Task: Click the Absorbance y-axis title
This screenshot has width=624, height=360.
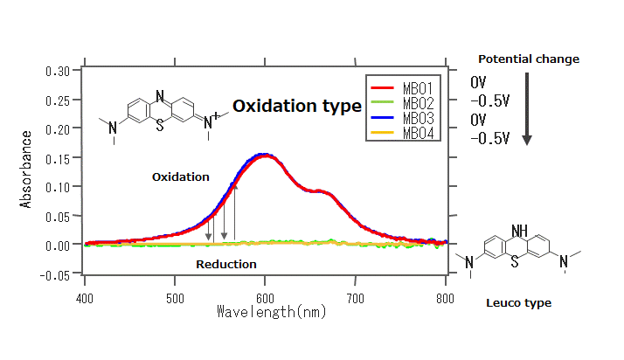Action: click(x=26, y=169)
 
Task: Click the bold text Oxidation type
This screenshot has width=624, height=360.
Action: click(x=296, y=106)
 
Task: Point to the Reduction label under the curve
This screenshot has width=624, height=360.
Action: click(x=226, y=264)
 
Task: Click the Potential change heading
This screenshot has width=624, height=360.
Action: click(x=529, y=59)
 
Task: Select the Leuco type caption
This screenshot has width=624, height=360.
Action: click(x=518, y=303)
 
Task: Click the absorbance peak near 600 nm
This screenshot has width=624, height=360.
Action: click(x=266, y=154)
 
